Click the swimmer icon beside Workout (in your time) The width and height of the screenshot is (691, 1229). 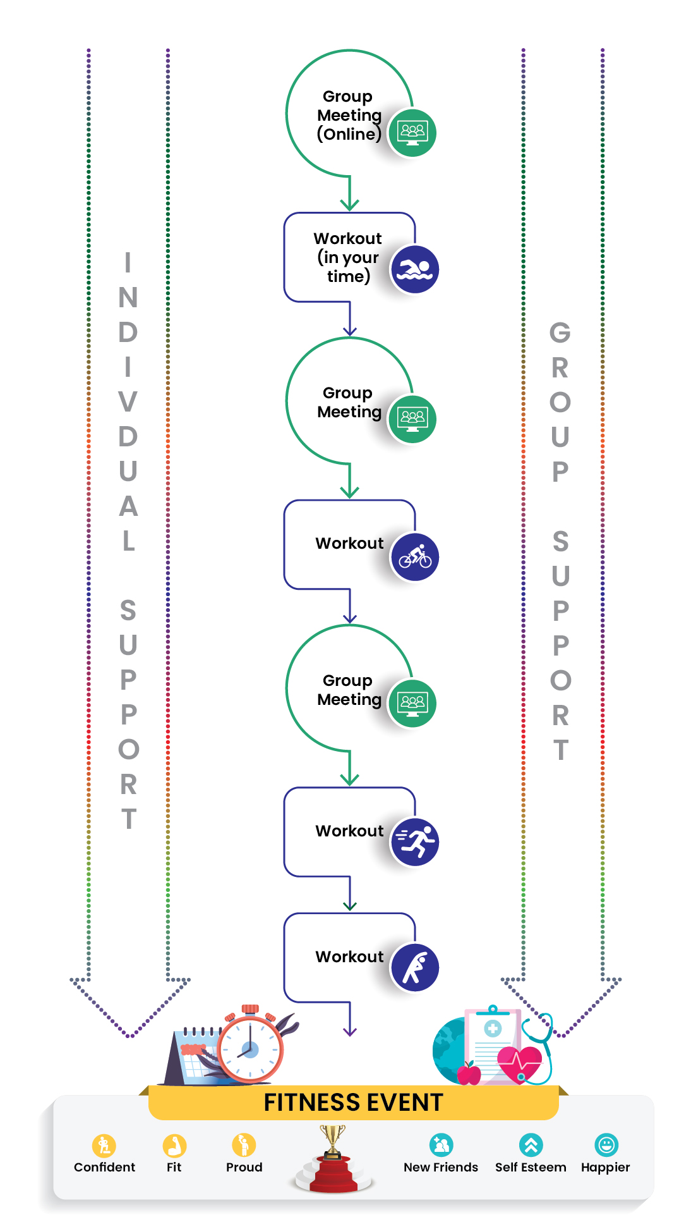coord(414,269)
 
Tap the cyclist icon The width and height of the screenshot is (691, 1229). coord(414,557)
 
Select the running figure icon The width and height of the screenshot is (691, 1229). coord(414,841)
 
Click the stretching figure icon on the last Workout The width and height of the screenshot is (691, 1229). coord(414,967)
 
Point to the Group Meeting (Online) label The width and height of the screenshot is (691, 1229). coord(349,115)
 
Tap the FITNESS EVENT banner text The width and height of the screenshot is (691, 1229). coord(353,1102)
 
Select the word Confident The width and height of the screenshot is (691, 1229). coord(104,1167)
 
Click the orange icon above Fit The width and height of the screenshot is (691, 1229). coord(174,1145)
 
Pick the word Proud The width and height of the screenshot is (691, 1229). coord(244,1167)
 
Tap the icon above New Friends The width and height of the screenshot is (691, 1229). coord(441,1145)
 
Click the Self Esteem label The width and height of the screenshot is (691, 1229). coord(531,1167)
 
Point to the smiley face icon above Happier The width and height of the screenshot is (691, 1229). coord(606,1145)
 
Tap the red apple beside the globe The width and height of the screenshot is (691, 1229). coord(469,1073)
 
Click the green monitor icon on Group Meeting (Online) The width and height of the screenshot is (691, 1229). coord(412,132)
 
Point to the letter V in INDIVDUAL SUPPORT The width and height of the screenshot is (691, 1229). coord(128,401)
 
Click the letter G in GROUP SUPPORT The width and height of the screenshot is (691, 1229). coord(560,333)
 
